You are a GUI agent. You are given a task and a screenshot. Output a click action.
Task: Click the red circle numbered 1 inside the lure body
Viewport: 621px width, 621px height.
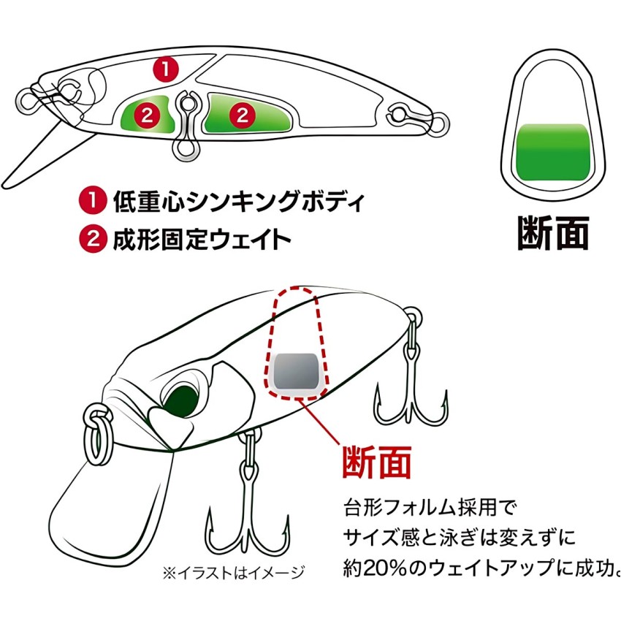point(166,69)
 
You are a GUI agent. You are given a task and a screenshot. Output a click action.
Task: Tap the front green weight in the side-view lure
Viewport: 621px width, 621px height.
point(146,114)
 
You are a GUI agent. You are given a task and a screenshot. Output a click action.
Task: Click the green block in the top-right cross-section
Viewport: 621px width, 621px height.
point(552,151)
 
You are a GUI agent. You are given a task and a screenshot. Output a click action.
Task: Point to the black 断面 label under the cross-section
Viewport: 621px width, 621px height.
point(552,232)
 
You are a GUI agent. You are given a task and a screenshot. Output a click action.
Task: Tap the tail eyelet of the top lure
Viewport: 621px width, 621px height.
point(401,115)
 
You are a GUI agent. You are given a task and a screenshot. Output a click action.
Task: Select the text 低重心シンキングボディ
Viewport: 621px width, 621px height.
point(237,201)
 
